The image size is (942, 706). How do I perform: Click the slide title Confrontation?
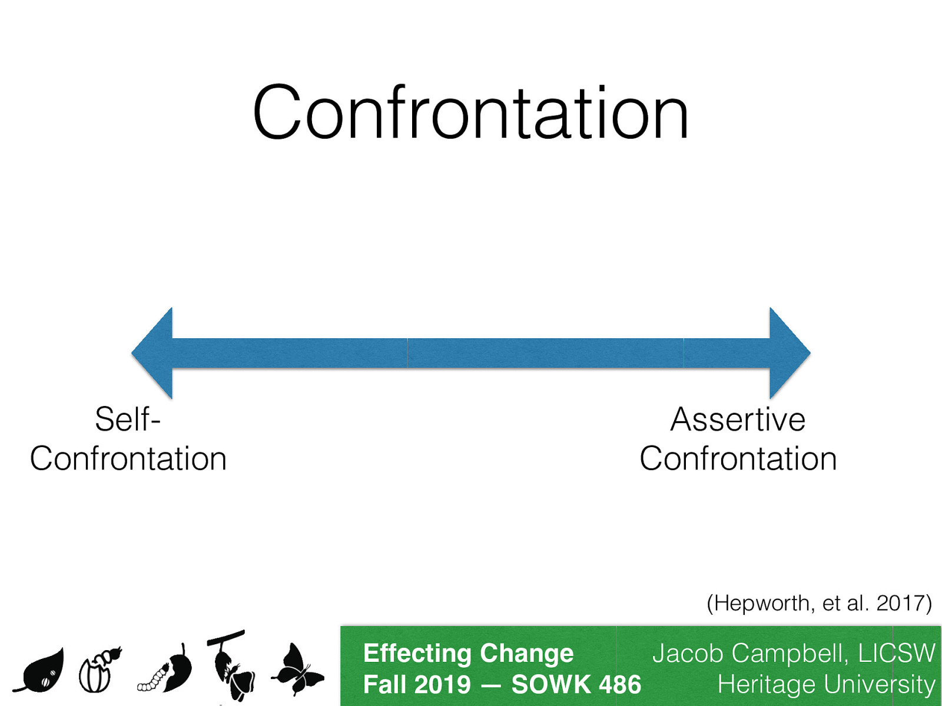(470, 113)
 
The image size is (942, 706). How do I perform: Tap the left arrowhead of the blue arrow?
(154, 353)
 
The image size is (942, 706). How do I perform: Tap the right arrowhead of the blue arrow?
(788, 353)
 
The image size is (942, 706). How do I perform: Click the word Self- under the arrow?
(128, 419)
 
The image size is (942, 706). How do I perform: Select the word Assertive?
(738, 419)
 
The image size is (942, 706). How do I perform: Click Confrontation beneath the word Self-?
(128, 459)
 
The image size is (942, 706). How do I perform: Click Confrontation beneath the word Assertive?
(738, 459)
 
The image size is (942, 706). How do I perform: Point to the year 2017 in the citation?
(900, 603)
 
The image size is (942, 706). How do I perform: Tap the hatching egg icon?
(99, 671)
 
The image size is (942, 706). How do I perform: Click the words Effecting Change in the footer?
(468, 653)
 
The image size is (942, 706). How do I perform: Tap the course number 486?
(619, 685)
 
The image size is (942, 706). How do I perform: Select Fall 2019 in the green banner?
(417, 685)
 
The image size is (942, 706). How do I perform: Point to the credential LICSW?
(896, 654)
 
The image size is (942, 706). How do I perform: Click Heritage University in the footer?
(826, 685)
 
